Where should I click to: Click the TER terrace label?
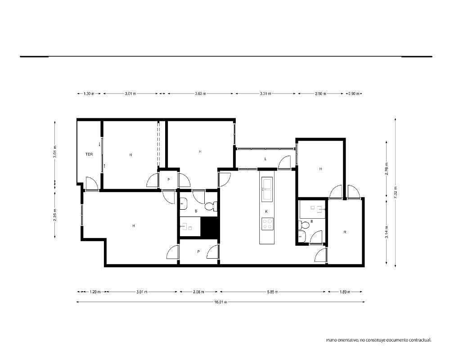[89, 154]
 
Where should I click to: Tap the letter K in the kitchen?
[266, 211]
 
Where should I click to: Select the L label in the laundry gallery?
[265, 159]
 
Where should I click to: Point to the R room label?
[345, 232]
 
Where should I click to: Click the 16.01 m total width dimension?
[220, 302]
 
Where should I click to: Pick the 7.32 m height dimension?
[396, 192]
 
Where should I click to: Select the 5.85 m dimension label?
[273, 292]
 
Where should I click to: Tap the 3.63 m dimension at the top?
[200, 94]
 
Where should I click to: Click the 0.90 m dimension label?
[354, 94]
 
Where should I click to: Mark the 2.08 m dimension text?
[198, 292]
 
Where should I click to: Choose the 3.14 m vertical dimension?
[387, 232]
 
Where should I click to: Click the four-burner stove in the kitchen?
[267, 224]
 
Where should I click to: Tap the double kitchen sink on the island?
[267, 189]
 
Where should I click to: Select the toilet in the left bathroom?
[211, 206]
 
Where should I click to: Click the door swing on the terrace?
[92, 183]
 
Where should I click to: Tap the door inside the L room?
[285, 162]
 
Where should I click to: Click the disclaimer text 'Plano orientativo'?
[342, 340]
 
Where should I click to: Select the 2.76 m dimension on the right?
[387, 169]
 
